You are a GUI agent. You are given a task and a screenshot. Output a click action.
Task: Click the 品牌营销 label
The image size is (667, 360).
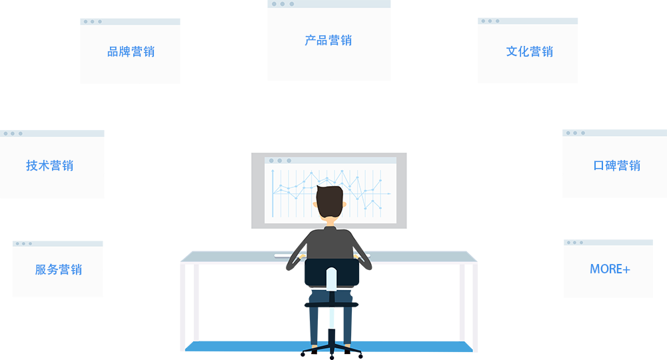pos(131,52)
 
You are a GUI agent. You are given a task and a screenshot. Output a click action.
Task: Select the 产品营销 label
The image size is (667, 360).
pos(328,41)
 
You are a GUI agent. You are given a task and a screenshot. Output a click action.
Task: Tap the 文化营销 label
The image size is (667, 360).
pos(529,52)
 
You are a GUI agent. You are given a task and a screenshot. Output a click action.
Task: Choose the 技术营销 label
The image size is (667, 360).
pos(49,166)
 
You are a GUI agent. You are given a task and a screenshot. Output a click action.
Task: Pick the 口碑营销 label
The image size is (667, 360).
pos(616,166)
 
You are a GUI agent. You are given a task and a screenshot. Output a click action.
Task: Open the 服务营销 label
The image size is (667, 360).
pos(58,270)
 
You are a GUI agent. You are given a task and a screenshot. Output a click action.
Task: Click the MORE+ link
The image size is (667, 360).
pos(610,269)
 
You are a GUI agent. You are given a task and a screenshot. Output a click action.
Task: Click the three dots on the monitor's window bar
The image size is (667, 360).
pos(280,161)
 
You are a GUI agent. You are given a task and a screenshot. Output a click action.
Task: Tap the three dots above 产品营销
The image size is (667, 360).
pos(283,4)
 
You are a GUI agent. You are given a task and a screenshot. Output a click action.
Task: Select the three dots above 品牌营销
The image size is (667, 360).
pos(93,22)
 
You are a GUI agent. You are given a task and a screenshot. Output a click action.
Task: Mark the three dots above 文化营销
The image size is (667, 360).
pos(490,21)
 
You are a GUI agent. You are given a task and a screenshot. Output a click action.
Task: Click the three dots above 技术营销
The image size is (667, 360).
pos(13,134)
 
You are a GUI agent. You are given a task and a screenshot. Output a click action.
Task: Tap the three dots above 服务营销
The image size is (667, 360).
pos(24,244)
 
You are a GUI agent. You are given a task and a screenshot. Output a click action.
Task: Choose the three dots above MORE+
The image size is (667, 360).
pos(575,243)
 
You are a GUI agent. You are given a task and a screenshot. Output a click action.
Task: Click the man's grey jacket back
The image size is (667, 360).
pos(329,243)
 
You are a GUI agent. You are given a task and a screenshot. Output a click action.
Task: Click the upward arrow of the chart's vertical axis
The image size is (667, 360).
pos(273,172)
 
